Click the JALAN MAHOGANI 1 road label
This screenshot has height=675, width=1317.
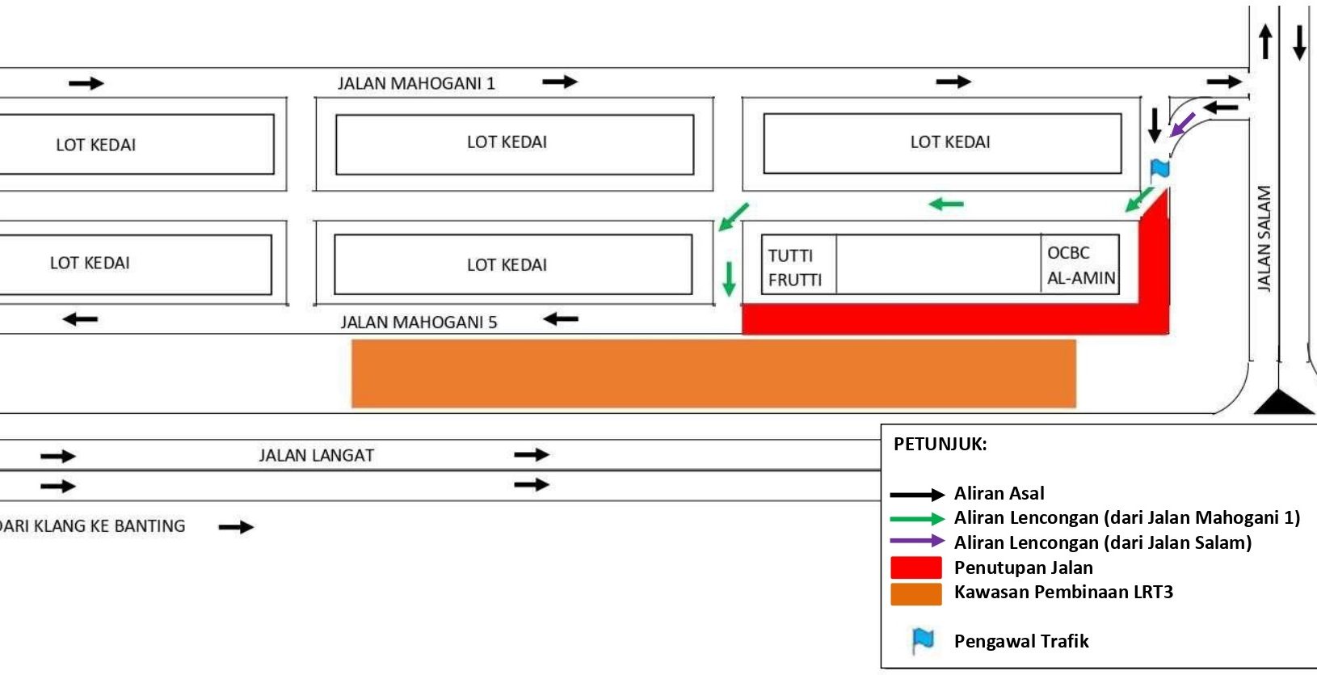click(x=416, y=83)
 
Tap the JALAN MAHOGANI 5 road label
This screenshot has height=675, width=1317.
click(x=419, y=323)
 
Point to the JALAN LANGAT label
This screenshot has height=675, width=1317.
click(x=317, y=455)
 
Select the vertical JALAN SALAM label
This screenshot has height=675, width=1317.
click(x=1264, y=238)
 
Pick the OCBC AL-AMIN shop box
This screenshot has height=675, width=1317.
click(x=1080, y=265)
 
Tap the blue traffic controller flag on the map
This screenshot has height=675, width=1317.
click(x=1160, y=169)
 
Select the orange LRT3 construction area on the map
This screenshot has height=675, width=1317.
click(x=713, y=373)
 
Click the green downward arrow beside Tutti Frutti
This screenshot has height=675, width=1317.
click(x=729, y=278)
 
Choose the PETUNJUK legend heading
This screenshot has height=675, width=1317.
click(x=940, y=444)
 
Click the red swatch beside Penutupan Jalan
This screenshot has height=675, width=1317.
click(x=915, y=567)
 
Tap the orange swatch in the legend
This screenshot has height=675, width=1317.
click(x=915, y=593)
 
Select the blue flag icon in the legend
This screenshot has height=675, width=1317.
click(x=923, y=640)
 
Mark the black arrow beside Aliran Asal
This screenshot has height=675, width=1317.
click(x=916, y=495)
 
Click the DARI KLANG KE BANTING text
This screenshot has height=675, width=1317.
click(x=93, y=526)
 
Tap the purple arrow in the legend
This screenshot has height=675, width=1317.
click(x=916, y=541)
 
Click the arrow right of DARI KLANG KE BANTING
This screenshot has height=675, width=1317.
click(x=236, y=527)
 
